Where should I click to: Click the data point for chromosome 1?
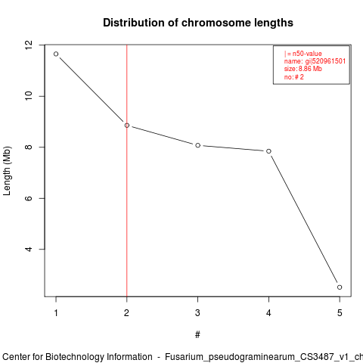coord(56,54)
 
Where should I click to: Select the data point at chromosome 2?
coord(127,126)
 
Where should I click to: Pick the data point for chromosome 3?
coord(198,145)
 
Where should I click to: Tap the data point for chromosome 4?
coord(268,151)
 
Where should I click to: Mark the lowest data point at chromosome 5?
coord(340,287)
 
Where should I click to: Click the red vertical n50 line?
coord(127,171)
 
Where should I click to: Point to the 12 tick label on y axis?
coord(29,45)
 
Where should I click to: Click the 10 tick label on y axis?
coord(29,96)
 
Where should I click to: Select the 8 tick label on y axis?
coord(29,147)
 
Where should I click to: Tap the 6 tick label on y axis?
coord(29,198)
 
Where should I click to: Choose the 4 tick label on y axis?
coord(29,249)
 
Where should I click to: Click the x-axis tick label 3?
coord(197,313)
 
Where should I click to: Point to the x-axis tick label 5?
coord(340,313)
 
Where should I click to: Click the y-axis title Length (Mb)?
coord(7,171)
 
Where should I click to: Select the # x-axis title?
coord(197,335)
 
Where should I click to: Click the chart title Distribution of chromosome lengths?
coord(198,23)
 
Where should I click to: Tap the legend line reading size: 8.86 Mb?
coord(303,69)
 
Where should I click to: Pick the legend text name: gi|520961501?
coord(315,61)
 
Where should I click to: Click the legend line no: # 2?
coord(294,77)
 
